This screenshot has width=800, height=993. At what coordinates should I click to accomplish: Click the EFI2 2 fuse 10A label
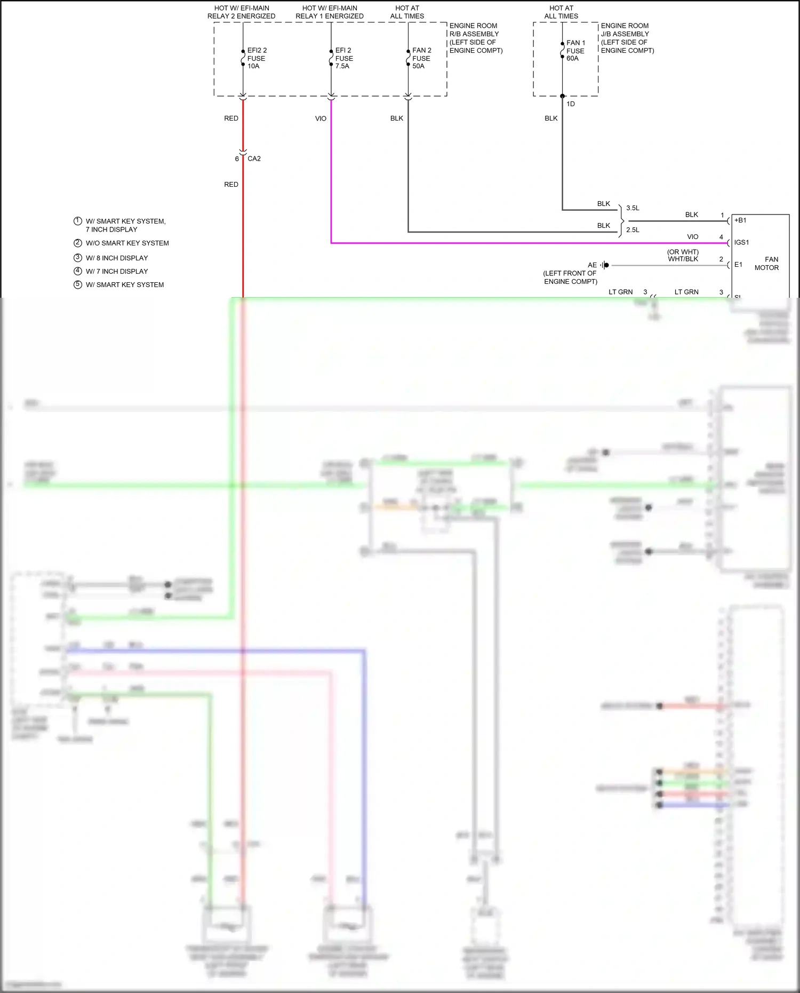[x=257, y=58]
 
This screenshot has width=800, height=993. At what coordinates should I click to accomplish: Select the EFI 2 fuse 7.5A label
[x=343, y=58]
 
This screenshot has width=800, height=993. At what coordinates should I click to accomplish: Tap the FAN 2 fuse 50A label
[x=421, y=58]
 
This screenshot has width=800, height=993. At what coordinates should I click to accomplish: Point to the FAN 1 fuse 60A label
[x=575, y=51]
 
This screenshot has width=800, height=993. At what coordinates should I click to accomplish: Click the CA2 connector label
[x=254, y=158]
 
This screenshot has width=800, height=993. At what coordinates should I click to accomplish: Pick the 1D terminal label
[x=571, y=104]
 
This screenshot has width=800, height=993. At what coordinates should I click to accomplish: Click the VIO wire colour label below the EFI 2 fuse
[x=321, y=118]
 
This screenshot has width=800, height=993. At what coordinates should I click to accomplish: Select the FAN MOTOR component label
[x=766, y=264]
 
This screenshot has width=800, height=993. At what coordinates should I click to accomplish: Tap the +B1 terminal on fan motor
[x=740, y=220]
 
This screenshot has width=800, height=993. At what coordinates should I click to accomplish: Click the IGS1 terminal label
[x=741, y=242]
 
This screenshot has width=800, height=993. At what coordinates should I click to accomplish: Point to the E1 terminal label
[x=738, y=265]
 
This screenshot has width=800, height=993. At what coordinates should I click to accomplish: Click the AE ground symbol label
[x=592, y=265]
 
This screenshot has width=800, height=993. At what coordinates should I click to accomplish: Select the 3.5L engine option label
[x=633, y=208]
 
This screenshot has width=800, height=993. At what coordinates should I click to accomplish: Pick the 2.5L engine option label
[x=633, y=230]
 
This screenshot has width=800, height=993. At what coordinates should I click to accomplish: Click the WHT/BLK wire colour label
[x=683, y=259]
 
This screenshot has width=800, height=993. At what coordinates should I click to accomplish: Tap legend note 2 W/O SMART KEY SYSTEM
[x=127, y=243]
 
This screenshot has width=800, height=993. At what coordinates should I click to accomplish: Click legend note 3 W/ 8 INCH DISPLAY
[x=117, y=258]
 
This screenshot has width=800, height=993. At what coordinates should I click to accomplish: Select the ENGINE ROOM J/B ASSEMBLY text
[x=627, y=38]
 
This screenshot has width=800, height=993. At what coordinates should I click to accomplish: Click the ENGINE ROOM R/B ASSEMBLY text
[x=475, y=38]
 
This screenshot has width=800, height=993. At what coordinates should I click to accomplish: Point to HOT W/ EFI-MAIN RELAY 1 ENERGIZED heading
[x=330, y=12]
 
